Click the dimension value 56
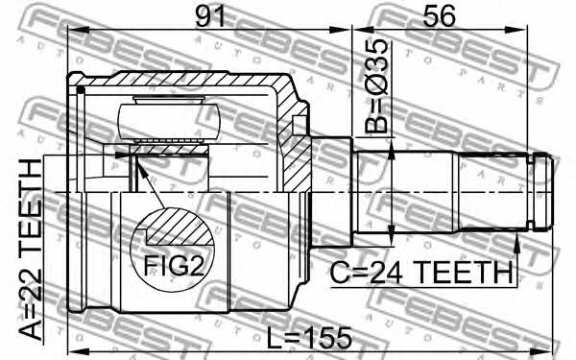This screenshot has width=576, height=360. (x=439, y=15)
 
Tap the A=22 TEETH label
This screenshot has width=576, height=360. (x=31, y=251)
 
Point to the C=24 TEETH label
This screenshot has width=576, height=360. (x=421, y=273)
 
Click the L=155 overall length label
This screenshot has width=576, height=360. (x=309, y=339)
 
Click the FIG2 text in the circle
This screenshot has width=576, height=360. (x=174, y=266)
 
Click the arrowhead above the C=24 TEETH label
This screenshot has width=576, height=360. (x=516, y=243)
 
